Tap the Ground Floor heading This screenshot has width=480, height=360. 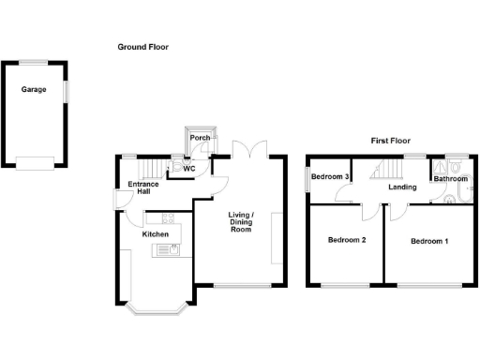point(142,46)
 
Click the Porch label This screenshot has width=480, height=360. point(200,138)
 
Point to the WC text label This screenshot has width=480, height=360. point(189,169)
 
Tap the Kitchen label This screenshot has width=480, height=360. point(156,234)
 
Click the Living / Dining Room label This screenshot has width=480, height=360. point(241,222)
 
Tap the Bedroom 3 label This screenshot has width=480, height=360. point(330,176)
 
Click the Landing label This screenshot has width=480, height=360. point(403,187)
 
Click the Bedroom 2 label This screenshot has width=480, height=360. point(346,241)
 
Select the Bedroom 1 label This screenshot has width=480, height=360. point(428,241)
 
